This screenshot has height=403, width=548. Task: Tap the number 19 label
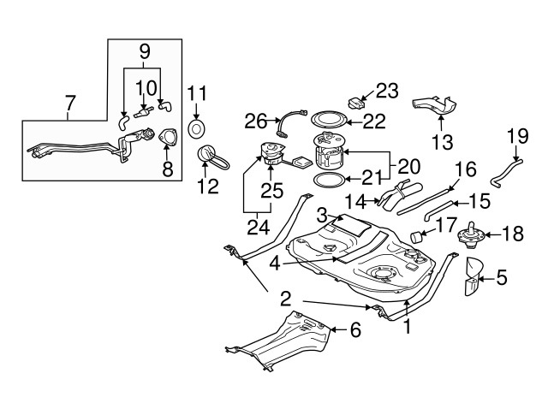(x=517, y=134)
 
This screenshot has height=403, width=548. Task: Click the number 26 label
(x=256, y=122)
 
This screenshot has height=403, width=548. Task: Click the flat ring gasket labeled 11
(x=197, y=128)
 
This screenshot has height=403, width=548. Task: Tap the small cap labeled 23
(x=358, y=103)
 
